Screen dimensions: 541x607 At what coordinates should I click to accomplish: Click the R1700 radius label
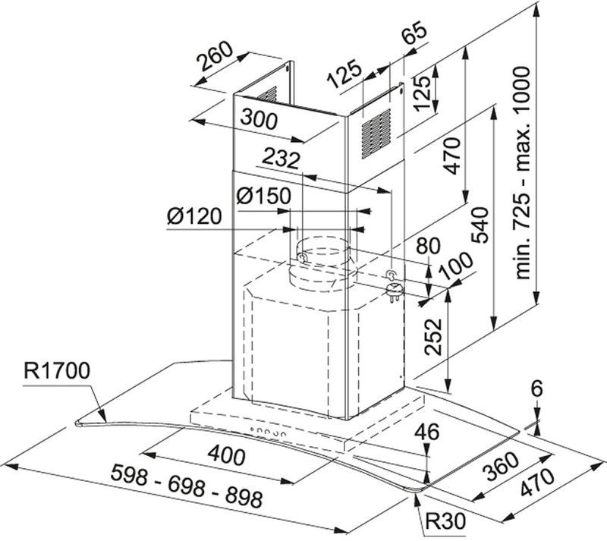click(57, 371)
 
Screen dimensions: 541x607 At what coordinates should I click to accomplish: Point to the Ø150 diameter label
click(263, 196)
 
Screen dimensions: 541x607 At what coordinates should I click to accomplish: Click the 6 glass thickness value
click(537, 388)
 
